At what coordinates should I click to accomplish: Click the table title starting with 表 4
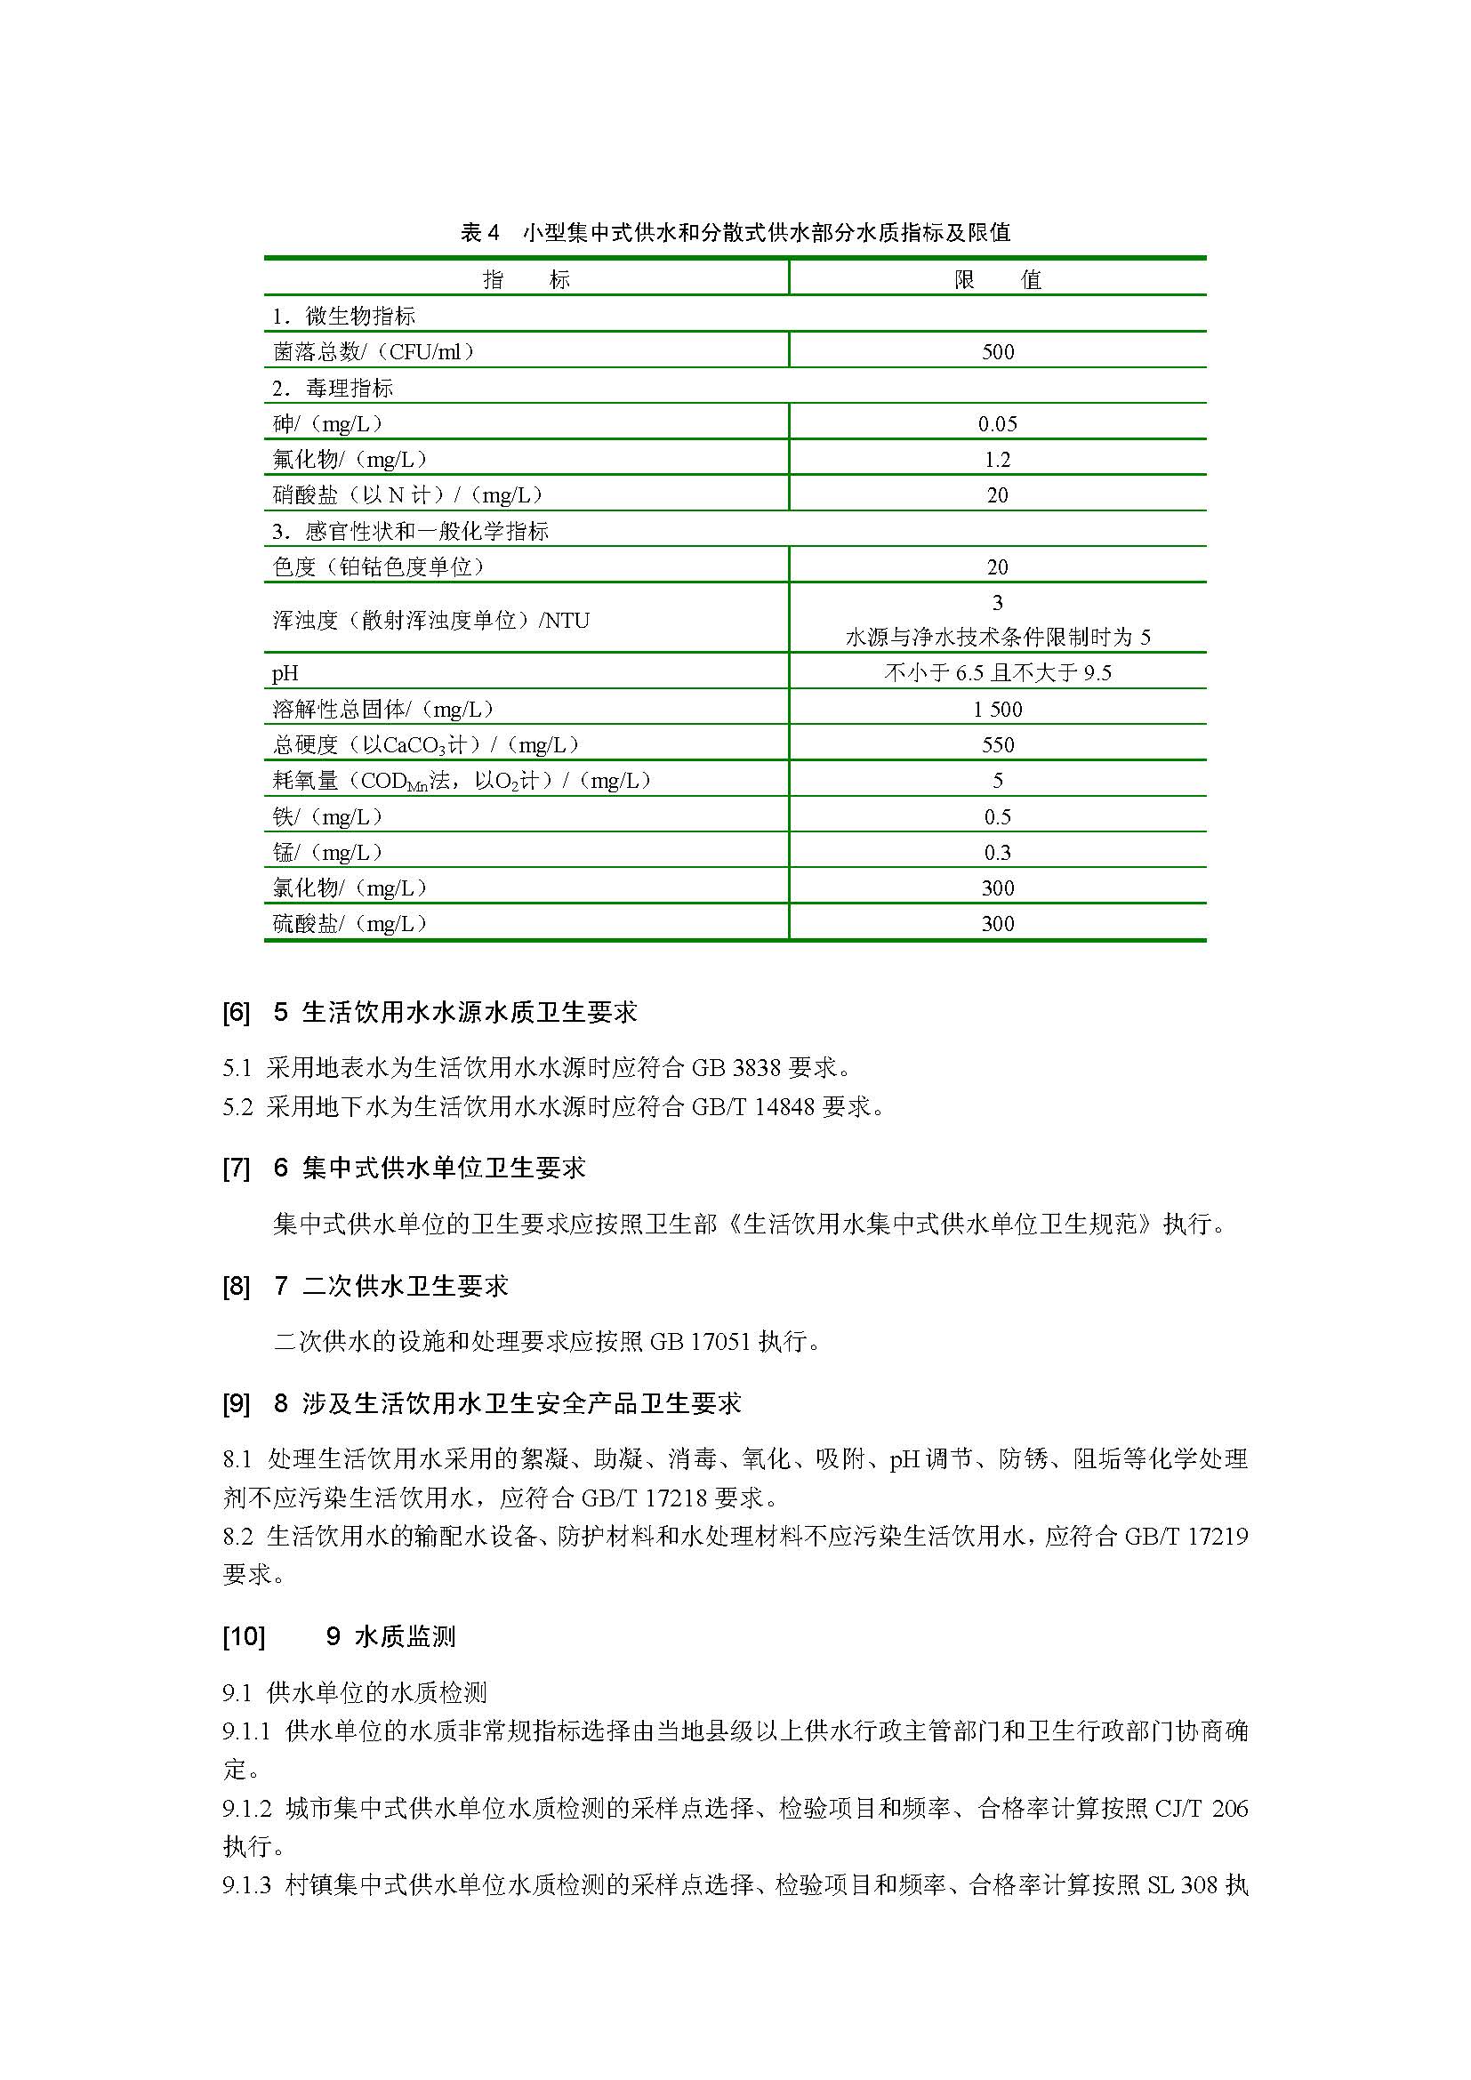coord(735,233)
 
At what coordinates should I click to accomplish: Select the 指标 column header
coord(527,279)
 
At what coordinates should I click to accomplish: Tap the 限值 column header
coord(997,279)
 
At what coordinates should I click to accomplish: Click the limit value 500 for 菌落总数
coord(997,351)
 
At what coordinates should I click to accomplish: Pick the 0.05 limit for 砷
coord(997,424)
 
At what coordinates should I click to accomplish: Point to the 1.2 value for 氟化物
coord(997,459)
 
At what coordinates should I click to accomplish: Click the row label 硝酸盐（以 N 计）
coord(407,495)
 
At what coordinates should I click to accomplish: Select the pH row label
coord(285,673)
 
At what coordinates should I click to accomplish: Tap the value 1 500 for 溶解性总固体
coord(997,710)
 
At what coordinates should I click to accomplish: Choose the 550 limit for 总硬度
coord(997,744)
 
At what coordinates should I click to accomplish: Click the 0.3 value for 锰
coord(997,853)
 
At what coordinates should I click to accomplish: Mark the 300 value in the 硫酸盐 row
coord(997,924)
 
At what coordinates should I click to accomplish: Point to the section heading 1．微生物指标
coord(344,317)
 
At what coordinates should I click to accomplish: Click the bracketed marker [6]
coord(236,1013)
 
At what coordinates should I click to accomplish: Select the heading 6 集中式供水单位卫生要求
coord(430,1168)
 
